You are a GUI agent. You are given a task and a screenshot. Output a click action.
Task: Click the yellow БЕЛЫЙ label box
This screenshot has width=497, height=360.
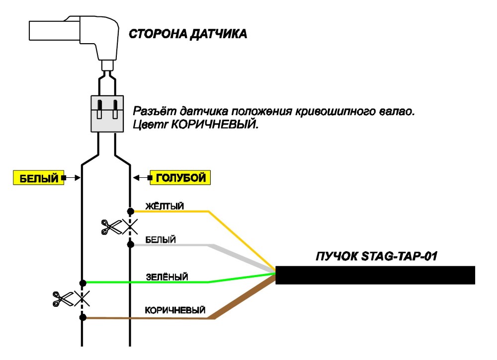(38, 178)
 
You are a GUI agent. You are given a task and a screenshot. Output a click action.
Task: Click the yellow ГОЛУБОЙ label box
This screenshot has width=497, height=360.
(180, 178)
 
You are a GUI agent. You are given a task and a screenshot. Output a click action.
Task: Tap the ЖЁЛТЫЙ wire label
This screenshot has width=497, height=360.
(165, 206)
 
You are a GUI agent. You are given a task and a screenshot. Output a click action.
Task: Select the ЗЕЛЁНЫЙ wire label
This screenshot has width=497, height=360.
(166, 277)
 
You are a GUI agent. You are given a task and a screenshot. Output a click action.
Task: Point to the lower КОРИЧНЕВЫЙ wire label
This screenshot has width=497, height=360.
(175, 310)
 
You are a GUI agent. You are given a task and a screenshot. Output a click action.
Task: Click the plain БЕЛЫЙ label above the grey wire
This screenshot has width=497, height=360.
(161, 240)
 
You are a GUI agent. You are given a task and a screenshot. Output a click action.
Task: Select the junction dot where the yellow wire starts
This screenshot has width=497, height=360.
(130, 211)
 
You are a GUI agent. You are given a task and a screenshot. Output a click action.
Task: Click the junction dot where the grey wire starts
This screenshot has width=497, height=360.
(130, 244)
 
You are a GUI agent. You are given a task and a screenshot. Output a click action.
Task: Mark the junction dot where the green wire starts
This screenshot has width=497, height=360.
(83, 283)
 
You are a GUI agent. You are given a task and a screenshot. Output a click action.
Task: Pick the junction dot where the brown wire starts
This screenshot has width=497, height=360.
(83, 317)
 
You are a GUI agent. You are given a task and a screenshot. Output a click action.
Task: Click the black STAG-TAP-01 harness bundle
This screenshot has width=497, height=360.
(375, 275)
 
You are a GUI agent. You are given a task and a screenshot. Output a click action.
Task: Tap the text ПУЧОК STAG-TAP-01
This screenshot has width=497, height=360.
(377, 256)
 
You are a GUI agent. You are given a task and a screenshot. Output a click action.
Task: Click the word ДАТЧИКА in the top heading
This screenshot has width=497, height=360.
(218, 34)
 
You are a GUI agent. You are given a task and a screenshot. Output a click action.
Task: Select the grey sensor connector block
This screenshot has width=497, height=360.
(107, 114)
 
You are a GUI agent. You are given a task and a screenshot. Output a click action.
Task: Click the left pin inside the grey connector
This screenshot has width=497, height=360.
(99, 109)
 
